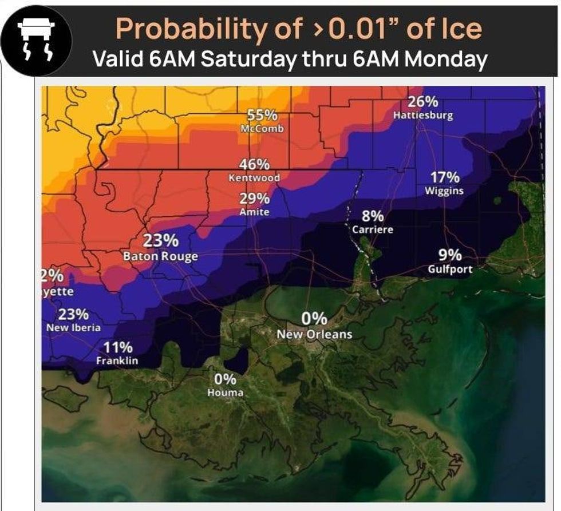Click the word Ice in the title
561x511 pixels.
click(461, 29)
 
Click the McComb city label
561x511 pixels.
click(262, 129)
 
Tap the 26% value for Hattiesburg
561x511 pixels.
click(423, 102)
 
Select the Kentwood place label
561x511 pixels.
click(254, 178)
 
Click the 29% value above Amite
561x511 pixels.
click(254, 199)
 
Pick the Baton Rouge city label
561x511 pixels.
click(161, 256)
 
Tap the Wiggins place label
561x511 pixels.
click(444, 191)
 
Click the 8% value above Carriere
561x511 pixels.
click(373, 216)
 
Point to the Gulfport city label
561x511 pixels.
click(450, 268)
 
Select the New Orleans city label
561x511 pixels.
click(314, 334)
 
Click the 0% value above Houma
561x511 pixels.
click(225, 379)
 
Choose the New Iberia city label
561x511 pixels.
click(73, 327)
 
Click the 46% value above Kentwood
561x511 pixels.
click(254, 164)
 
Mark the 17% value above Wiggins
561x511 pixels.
click(445, 177)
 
